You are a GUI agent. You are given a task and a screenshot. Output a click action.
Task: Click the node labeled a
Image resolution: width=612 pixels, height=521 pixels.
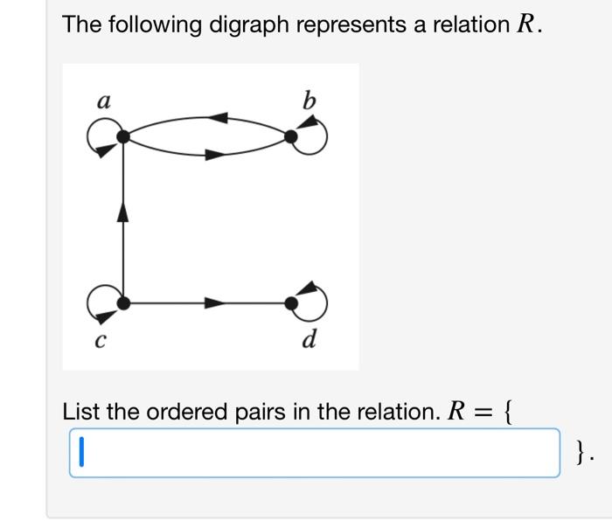click(x=123, y=136)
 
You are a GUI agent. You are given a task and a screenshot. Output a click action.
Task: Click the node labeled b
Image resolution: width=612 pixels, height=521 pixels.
click(x=291, y=136)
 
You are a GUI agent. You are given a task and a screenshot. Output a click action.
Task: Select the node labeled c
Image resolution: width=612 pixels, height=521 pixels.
click(x=123, y=302)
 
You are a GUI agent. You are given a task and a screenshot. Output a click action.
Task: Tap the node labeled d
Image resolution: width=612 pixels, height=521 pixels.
click(x=291, y=302)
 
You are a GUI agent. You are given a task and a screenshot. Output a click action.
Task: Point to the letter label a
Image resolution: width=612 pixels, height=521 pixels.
click(x=103, y=102)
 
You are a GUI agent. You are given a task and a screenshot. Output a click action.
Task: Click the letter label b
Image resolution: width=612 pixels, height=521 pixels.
click(x=308, y=101)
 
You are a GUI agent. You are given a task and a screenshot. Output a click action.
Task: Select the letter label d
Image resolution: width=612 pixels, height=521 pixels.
click(x=309, y=338)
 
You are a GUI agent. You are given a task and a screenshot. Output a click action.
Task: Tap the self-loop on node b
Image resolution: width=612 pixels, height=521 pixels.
click(x=316, y=136)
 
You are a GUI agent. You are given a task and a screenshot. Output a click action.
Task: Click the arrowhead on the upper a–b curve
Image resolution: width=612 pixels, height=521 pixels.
click(x=219, y=117)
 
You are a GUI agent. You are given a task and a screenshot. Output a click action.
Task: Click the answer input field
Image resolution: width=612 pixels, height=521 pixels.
click(x=315, y=453)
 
